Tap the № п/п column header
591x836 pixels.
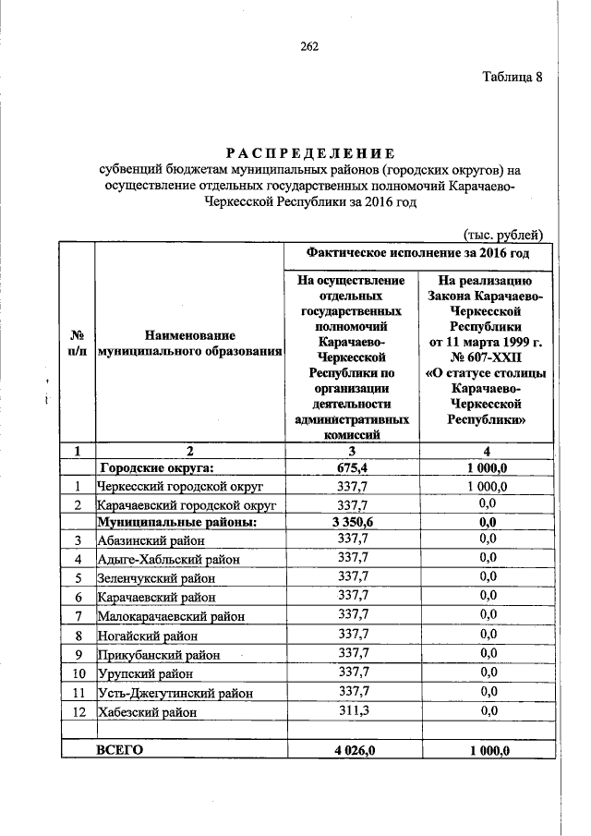pos(78,343)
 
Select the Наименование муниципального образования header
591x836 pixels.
pos(189,343)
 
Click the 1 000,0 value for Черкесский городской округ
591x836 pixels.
pos(488,486)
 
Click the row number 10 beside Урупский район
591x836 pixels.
pos(78,673)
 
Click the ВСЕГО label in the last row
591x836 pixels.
pos(120,751)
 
